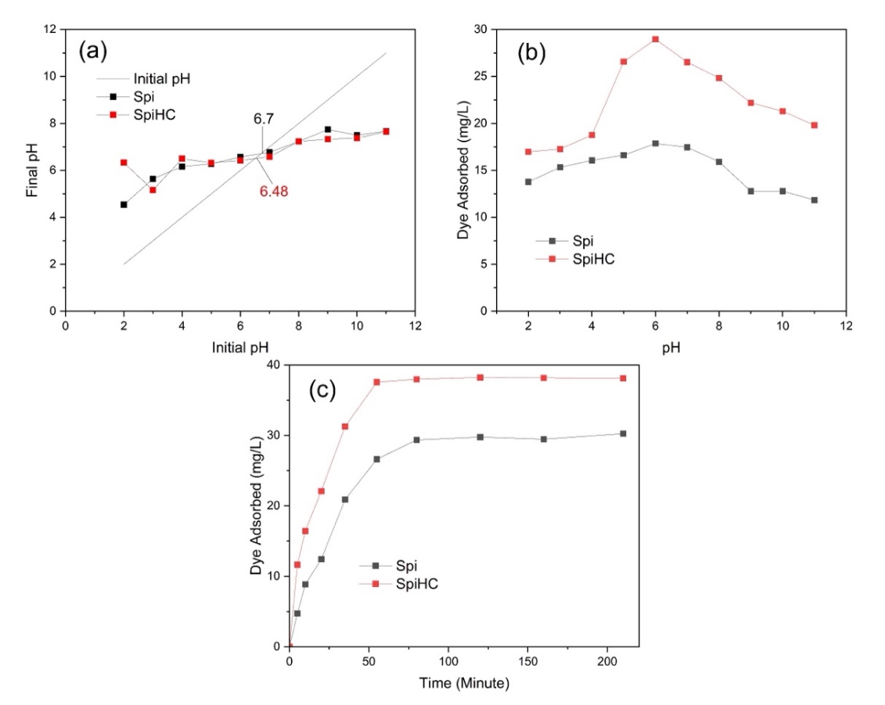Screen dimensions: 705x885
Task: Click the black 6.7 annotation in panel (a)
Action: tap(263, 119)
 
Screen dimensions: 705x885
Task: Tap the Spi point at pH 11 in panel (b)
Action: tap(814, 200)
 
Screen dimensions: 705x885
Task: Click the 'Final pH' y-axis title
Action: tap(32, 170)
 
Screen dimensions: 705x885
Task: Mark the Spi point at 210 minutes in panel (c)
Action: tap(623, 433)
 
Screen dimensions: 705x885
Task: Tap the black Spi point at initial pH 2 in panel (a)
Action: tap(124, 204)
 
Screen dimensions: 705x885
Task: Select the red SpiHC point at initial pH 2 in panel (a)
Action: tap(124, 163)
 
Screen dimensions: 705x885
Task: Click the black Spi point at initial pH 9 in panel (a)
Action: tap(328, 130)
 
